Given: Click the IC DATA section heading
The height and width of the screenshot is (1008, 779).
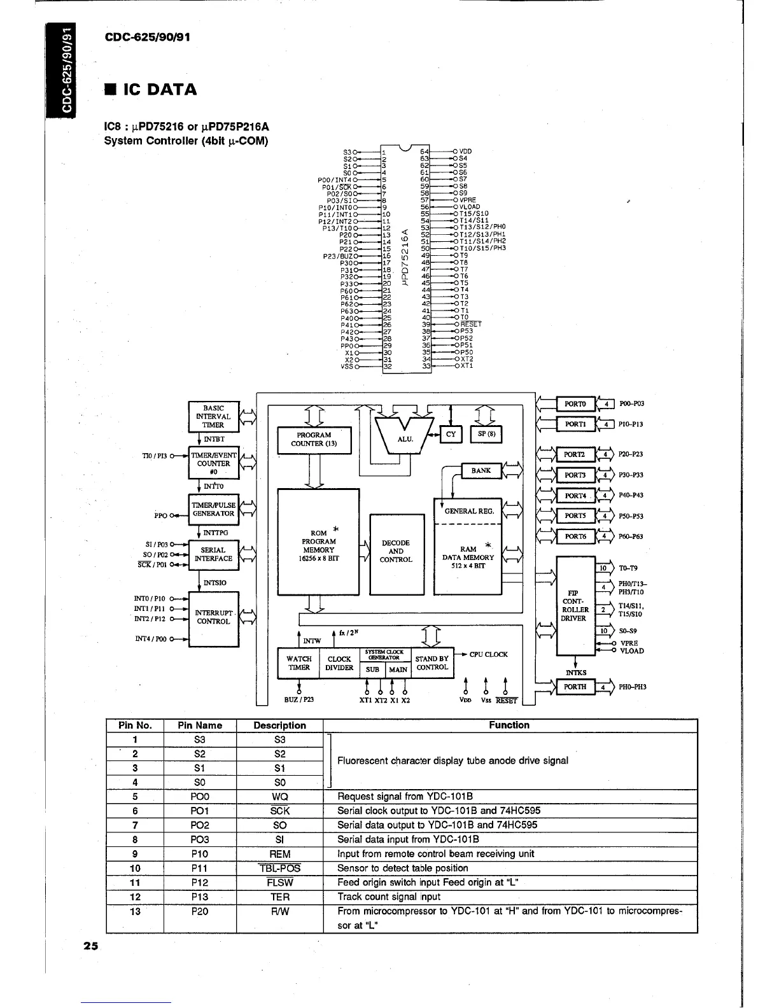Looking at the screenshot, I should click(x=151, y=90).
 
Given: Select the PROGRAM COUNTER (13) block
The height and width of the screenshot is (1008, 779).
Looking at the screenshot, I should click(x=314, y=440).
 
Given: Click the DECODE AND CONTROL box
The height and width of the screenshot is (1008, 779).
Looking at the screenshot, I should click(x=397, y=552).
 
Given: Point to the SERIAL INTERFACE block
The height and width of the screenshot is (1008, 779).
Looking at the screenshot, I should click(x=213, y=555).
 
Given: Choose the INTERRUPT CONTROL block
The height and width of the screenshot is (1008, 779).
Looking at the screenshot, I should click(x=213, y=617).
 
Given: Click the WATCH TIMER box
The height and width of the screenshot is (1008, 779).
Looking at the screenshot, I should click(x=298, y=663).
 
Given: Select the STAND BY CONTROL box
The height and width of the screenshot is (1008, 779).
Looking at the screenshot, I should click(x=432, y=663).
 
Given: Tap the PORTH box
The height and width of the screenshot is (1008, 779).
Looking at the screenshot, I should click(x=575, y=687).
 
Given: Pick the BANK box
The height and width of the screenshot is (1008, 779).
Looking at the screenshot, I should click(x=481, y=471).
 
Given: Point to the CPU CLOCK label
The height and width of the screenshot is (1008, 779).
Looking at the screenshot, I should click(x=489, y=655).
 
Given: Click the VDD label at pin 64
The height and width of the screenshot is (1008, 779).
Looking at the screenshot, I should click(x=465, y=151).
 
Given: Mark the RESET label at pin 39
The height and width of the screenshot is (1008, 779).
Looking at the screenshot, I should click(x=471, y=324).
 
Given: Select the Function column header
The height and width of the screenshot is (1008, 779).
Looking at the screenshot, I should click(x=509, y=725).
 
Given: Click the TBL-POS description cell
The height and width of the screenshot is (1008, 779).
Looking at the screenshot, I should click(x=279, y=869).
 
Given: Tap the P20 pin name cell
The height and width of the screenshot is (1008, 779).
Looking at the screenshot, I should click(x=199, y=911).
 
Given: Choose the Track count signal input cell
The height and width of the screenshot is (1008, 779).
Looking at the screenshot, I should click(x=389, y=897).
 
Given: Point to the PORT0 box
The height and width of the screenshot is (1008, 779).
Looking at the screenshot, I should click(x=575, y=404).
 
